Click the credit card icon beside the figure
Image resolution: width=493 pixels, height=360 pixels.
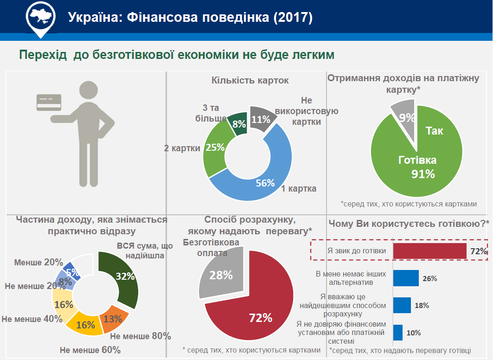[x=49, y=102]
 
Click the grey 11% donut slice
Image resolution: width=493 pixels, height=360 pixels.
[x=261, y=119]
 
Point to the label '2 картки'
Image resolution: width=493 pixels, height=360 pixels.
[x=182, y=148]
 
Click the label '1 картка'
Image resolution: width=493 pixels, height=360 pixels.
[x=299, y=189]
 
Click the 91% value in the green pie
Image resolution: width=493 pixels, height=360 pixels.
[x=423, y=174]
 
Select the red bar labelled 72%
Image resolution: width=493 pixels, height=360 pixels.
[x=429, y=251]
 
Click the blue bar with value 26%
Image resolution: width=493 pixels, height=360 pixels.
[x=406, y=278]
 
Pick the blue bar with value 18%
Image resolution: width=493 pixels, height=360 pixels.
[x=402, y=305]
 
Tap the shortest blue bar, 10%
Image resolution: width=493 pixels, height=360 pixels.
[x=397, y=333]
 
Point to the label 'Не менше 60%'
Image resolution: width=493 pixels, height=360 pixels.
[x=90, y=350]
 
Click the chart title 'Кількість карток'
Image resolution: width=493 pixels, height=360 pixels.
[x=250, y=81]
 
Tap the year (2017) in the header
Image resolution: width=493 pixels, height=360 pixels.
[x=293, y=18]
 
